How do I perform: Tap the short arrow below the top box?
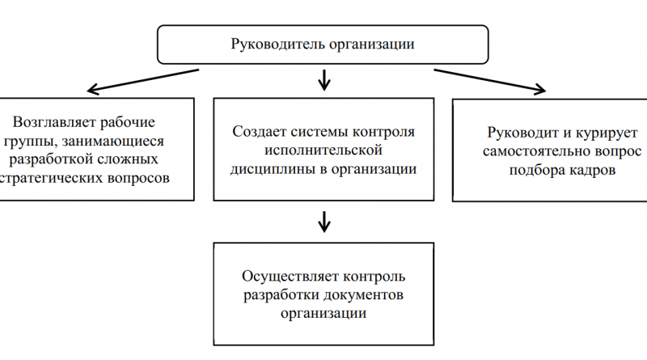[x=324, y=79]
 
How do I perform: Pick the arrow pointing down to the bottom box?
[x=324, y=221]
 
